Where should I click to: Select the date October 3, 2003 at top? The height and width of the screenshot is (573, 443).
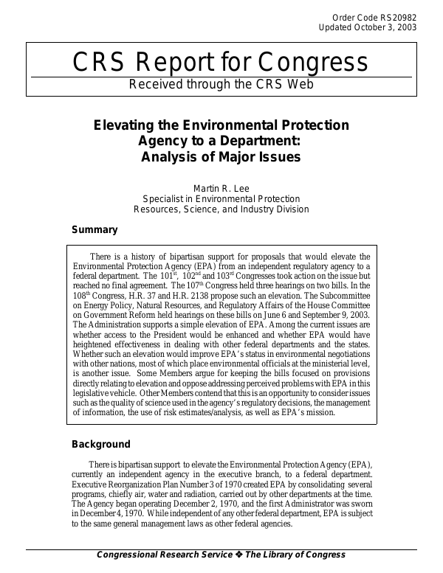tap(385, 27)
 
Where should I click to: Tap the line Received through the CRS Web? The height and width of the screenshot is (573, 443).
tap(221, 85)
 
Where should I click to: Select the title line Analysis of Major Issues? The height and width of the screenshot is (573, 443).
tap(221, 156)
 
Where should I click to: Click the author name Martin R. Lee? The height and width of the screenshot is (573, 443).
tap(221, 189)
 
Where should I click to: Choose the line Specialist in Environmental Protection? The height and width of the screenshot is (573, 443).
tap(221, 199)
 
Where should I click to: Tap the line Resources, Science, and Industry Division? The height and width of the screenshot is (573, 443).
tap(221, 209)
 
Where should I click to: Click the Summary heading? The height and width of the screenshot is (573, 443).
tap(94, 230)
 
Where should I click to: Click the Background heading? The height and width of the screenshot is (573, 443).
tap(100, 445)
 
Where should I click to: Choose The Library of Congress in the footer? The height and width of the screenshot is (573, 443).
tap(295, 555)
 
